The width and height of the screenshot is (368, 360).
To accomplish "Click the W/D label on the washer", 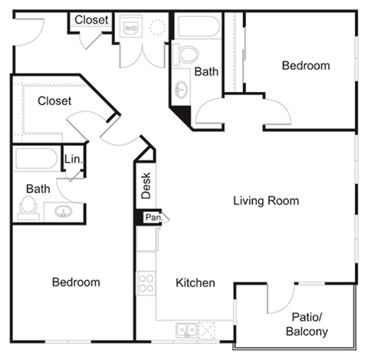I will pos(132,28).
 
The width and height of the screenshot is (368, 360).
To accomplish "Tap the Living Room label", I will pos(266,201).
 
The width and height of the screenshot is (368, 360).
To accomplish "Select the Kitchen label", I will pos(195,283).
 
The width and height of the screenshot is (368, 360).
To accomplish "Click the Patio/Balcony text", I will pos(307,324).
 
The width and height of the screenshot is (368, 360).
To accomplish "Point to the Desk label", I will pos(146,185).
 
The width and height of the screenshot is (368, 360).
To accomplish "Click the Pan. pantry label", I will pos(153,218).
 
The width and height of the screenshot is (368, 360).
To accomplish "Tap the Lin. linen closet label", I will pos(73,159).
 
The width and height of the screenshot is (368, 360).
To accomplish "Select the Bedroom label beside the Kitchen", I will pos(76,282).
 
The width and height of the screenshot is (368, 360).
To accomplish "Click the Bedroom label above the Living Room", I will pos(306,66).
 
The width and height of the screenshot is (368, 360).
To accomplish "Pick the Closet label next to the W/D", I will pos(92,20).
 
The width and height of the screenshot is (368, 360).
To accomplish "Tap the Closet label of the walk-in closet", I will pos(54,101).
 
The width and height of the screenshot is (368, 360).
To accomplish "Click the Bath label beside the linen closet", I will pos(38,188).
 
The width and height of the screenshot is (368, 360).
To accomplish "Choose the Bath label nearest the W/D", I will pos(206,72).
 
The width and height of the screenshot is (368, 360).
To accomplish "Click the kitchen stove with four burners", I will pos(146,282).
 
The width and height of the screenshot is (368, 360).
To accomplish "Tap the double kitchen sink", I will pos(186,330).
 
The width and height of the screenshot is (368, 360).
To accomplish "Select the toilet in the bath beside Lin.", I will pos(30,206).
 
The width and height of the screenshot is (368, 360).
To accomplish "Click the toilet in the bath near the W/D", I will pos(187,53).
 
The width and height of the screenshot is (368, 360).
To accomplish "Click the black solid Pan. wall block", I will pos(139,218).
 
